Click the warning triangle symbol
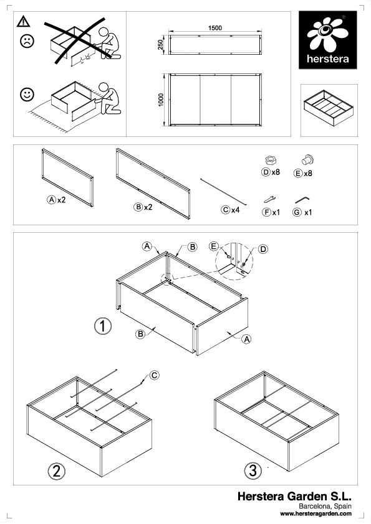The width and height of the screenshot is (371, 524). pos(23,21)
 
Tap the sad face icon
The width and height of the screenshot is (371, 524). pos(27,41)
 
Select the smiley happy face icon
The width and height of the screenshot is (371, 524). pos(27,95)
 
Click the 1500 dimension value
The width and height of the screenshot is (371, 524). pos(215,28)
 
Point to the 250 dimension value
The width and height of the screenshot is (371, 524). pos(160,44)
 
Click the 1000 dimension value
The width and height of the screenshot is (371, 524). pos(161,100)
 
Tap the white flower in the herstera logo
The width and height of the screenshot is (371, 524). pos(327,35)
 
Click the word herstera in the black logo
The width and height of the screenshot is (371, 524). pos(328,59)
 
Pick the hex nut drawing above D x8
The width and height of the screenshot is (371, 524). pos(271,160)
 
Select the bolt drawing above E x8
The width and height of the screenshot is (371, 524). pos(308,159)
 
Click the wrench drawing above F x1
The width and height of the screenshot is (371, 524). pos(269,199)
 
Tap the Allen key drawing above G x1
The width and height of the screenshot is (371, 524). pos(302,200)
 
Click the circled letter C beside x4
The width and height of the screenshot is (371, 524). pos(226,210)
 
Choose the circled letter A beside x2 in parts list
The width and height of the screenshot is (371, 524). pos(51,200)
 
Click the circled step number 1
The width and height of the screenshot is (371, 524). pos(103,326)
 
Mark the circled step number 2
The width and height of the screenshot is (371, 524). pos(56,471)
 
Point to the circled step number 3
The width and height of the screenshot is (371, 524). pos(253,470)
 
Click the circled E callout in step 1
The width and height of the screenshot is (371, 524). pos(214,246)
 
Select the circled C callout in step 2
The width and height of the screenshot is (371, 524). pos(154,375)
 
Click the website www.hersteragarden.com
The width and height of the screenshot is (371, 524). pos(316,513)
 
